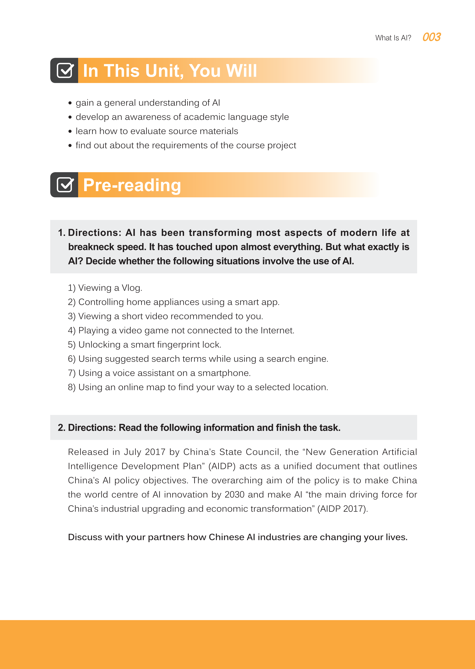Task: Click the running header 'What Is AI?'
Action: tap(393, 38)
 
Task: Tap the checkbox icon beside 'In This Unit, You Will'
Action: tap(65, 71)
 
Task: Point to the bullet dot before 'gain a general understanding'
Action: tap(70, 103)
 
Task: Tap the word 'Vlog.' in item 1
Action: tap(132, 288)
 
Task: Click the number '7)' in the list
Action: tap(72, 373)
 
